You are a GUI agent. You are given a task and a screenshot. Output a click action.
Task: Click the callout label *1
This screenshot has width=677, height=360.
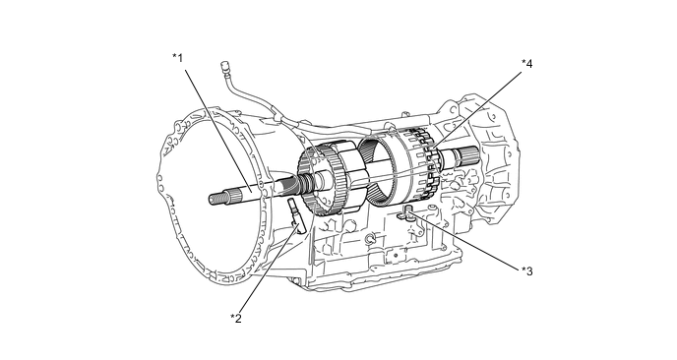coord(177,57)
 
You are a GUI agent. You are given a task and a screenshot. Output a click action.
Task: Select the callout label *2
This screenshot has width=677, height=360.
coord(236,318)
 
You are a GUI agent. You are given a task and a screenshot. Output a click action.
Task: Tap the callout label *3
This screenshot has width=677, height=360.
coord(526,271)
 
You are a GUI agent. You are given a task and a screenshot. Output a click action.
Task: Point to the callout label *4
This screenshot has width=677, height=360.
coord(526,64)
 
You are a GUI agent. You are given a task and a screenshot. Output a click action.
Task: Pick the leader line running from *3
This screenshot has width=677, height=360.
coord(464,239)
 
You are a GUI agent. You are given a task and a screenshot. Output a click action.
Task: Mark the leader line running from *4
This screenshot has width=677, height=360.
coord(476,109)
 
